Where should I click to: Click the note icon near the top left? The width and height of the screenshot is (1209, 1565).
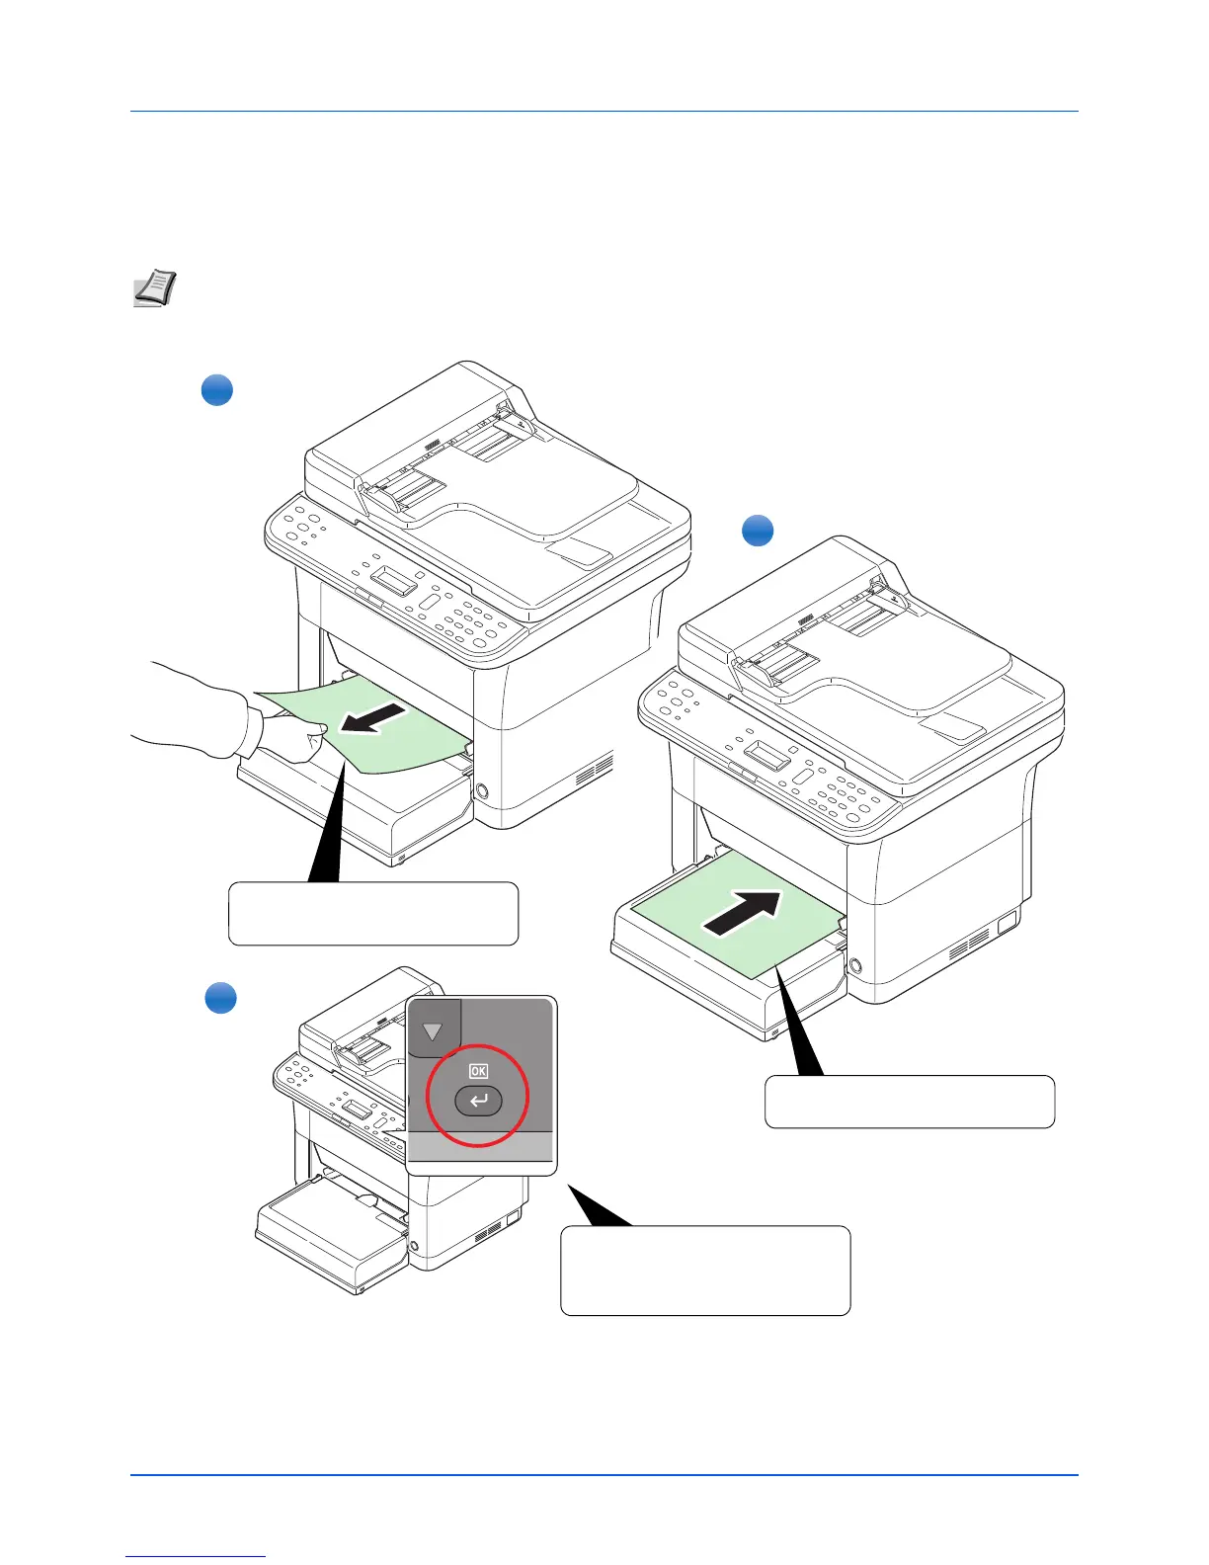[154, 288]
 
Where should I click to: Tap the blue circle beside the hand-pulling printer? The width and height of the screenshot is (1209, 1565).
[217, 390]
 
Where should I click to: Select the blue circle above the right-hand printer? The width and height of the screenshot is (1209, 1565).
[758, 531]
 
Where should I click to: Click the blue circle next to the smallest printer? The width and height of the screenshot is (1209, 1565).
[220, 998]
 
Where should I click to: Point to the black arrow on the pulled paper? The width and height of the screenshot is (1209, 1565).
[371, 718]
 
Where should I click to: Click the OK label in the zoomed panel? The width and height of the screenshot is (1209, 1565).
[478, 1071]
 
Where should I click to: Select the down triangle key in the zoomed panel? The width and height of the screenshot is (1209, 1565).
[433, 1031]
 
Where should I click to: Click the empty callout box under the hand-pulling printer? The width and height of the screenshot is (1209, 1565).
[372, 914]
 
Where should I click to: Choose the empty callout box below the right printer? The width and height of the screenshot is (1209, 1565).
[909, 1102]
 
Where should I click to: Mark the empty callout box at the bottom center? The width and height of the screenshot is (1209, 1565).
[704, 1271]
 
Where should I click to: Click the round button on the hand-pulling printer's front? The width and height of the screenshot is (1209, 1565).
[481, 791]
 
